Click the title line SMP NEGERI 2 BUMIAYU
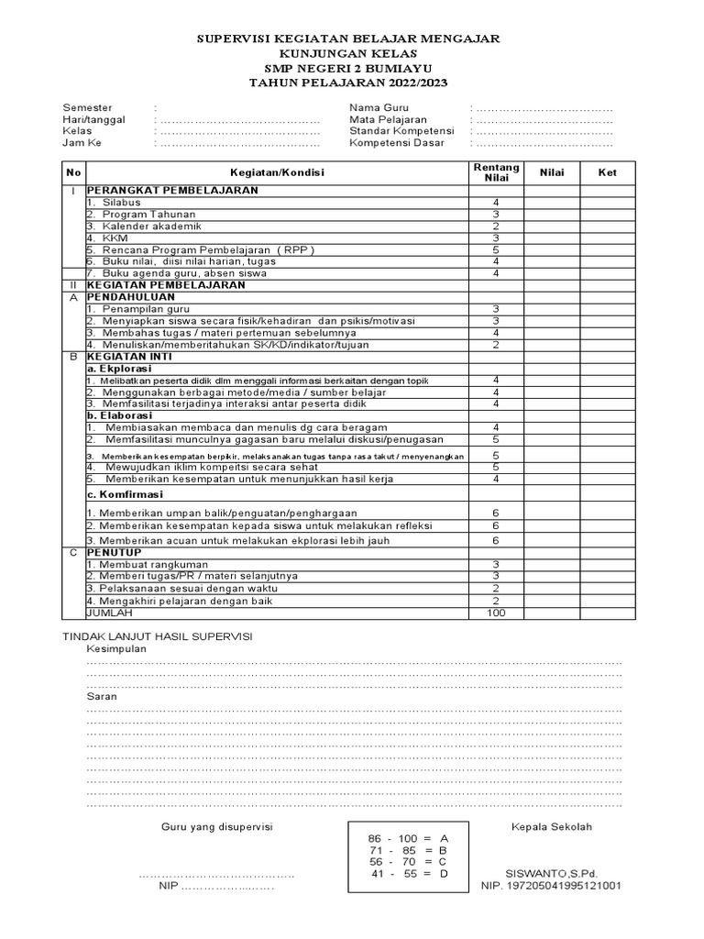[351, 68]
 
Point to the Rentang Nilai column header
[496, 172]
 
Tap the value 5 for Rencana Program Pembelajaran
[496, 249]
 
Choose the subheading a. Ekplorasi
[118, 368]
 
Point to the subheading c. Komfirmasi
[125, 494]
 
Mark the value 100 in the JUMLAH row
[496, 613]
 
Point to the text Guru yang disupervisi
[217, 826]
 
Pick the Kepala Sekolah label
[552, 826]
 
